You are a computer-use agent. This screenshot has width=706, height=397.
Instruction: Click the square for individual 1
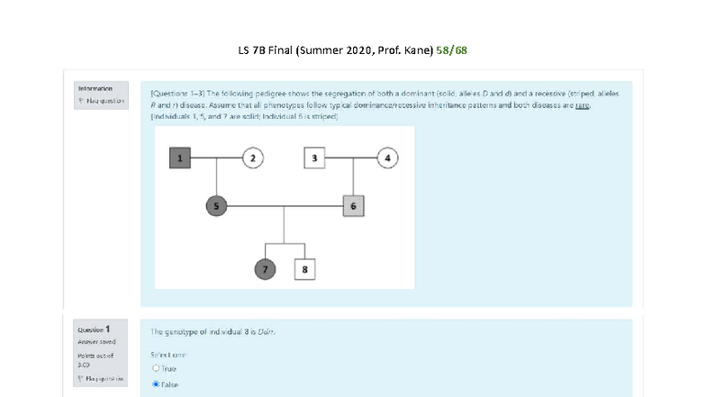coord(181,158)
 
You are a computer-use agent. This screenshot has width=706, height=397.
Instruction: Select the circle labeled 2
coord(253,158)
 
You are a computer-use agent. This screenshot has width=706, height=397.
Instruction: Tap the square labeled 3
coord(314,158)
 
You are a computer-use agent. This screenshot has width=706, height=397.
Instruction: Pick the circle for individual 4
coord(388,158)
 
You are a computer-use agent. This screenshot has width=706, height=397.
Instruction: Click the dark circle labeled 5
coord(217,206)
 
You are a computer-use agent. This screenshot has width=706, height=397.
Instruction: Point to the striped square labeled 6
coord(353,206)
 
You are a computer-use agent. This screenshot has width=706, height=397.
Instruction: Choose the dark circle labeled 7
coord(265,268)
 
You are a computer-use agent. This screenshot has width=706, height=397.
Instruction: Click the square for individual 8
coord(305,268)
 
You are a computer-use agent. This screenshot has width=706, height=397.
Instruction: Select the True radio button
coord(157,367)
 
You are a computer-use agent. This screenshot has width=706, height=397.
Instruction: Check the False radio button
coord(157,383)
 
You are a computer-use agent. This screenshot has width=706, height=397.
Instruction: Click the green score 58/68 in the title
coord(451,50)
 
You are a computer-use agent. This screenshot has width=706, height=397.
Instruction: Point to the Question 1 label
coord(95,330)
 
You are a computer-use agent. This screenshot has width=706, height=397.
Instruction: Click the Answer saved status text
coord(95,342)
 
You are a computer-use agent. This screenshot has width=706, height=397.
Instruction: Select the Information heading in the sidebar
coord(95,88)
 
